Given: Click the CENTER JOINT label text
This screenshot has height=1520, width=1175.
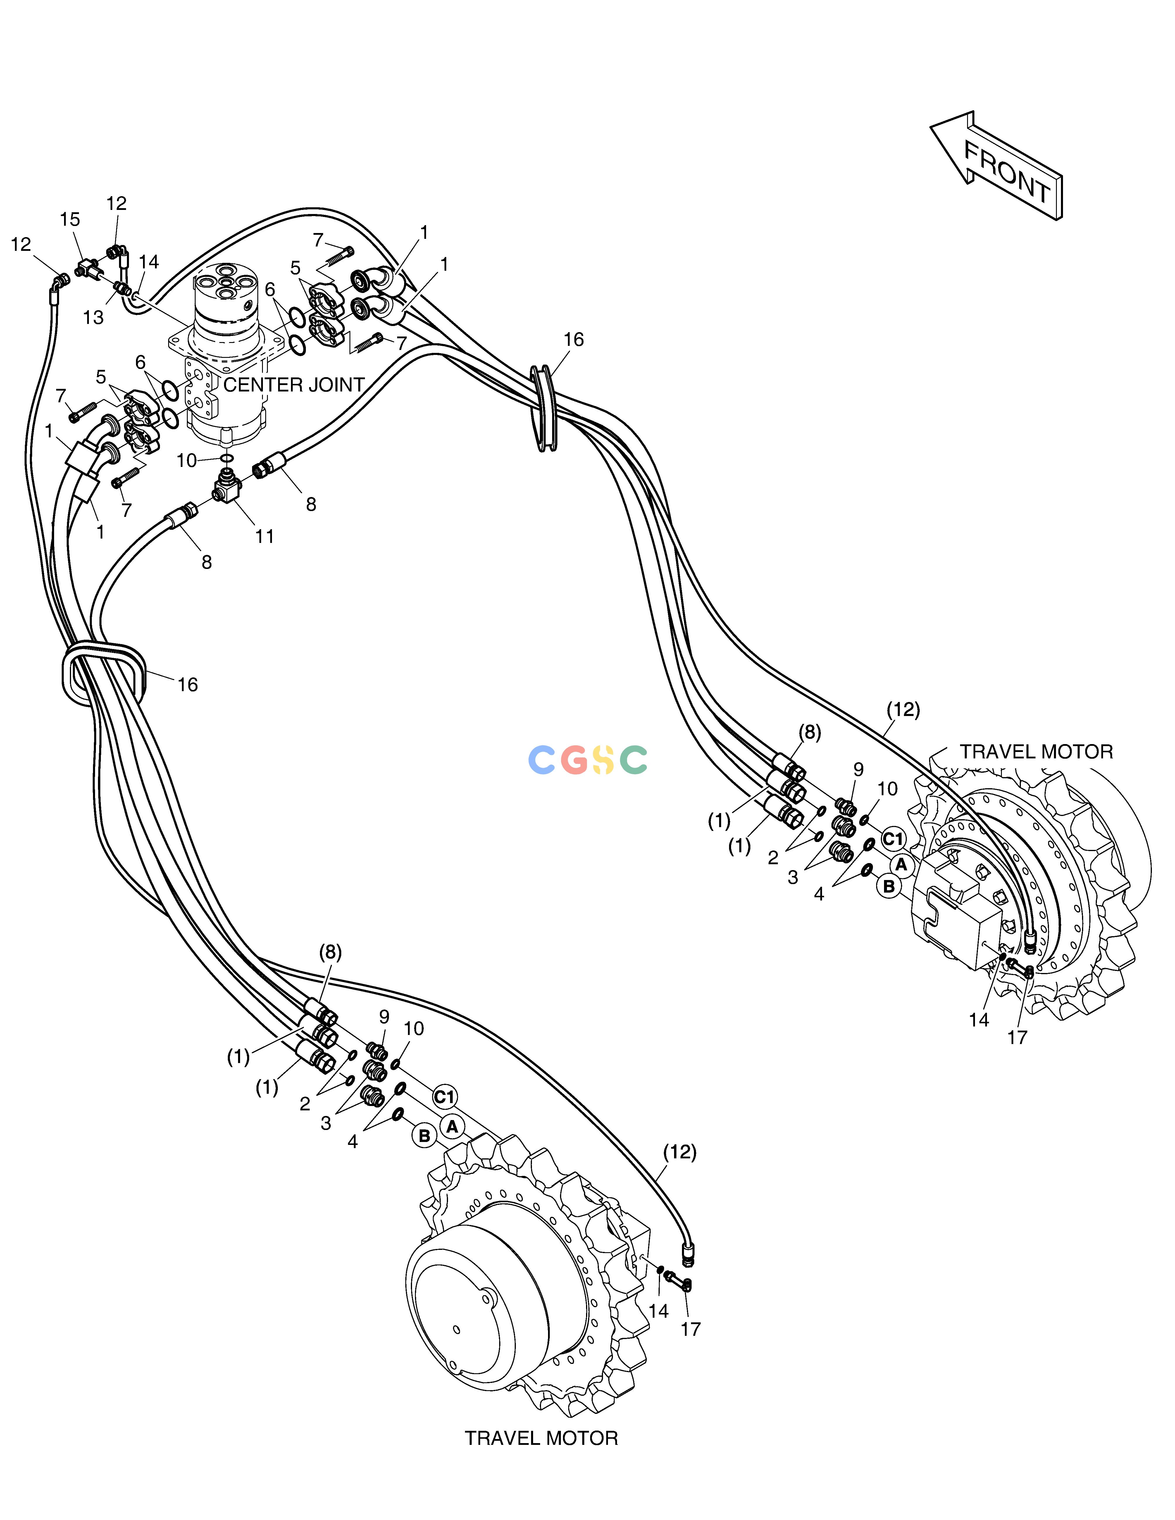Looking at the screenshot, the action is click(x=294, y=385).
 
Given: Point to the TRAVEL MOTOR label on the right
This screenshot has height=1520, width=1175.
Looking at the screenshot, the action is click(x=1036, y=752).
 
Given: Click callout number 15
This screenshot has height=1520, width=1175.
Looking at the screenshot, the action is click(x=70, y=219).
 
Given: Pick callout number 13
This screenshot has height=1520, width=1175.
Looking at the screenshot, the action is click(x=93, y=318).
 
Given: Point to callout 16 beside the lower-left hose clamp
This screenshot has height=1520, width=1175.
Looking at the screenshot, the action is click(x=188, y=685).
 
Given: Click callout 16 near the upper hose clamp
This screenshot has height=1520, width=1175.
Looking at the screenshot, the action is click(x=573, y=340).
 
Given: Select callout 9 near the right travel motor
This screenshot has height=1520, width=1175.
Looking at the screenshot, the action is click(x=858, y=769).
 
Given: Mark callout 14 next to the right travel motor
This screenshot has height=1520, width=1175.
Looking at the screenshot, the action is click(x=979, y=1019).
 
